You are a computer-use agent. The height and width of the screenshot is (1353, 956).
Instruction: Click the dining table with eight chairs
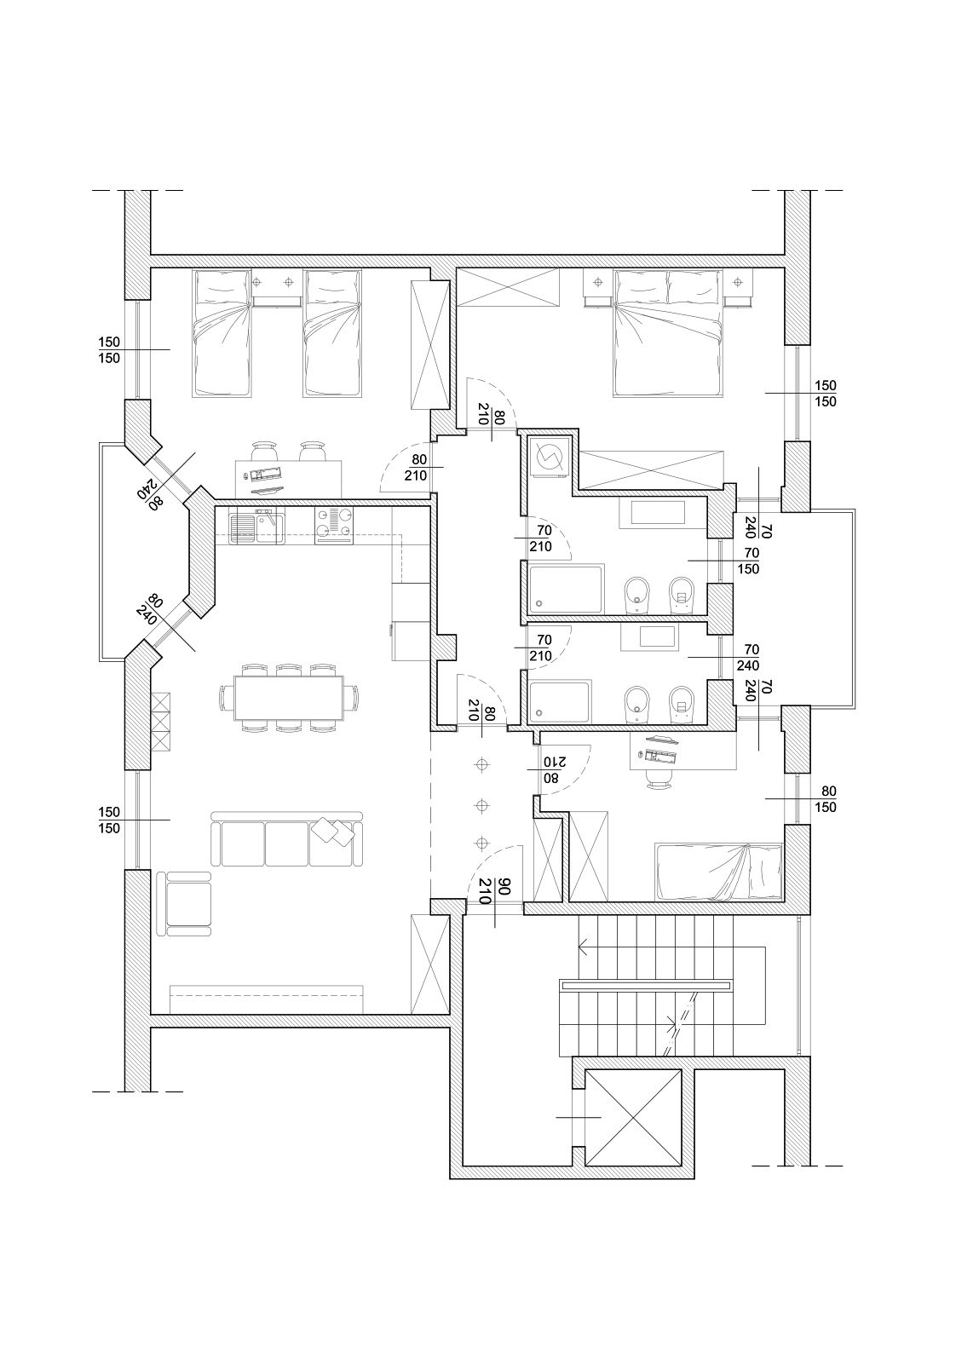tap(290, 699)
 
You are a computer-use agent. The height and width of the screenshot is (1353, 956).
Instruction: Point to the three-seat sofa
tap(287, 839)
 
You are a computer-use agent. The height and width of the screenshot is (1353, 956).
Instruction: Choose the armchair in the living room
tap(184, 904)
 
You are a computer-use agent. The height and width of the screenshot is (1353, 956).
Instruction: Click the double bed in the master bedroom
tap(667, 333)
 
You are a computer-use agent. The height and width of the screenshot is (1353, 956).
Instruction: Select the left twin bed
tap(221, 333)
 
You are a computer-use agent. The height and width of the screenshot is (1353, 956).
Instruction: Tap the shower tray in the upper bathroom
tap(566, 589)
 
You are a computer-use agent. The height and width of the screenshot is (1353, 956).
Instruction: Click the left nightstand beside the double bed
tap(598, 287)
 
